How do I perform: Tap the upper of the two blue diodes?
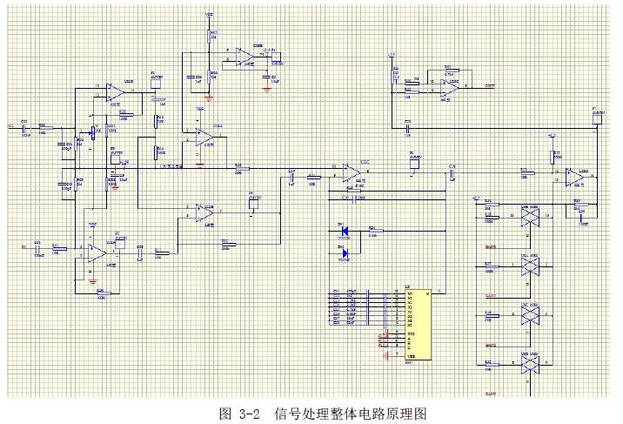coord(343,232)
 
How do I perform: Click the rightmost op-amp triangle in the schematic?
coord(573,177)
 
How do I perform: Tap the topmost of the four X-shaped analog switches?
coord(526,217)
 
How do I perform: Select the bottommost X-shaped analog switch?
coord(526,368)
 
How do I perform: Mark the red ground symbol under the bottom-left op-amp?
coord(92,279)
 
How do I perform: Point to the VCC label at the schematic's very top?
coord(209,14)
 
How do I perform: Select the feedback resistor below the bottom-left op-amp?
coord(100,293)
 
